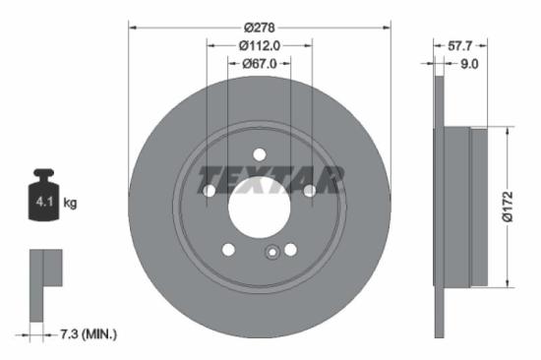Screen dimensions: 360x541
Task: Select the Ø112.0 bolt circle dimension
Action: click(x=260, y=44)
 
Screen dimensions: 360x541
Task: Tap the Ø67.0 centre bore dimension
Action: click(x=260, y=64)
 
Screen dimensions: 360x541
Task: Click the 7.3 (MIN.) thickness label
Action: click(x=87, y=334)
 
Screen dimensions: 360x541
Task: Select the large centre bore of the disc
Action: click(x=260, y=207)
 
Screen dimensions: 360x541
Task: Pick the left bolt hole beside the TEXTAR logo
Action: click(x=210, y=190)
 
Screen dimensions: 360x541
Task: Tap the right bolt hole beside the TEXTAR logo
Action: click(x=310, y=190)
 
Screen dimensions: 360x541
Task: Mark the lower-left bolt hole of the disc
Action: click(x=228, y=250)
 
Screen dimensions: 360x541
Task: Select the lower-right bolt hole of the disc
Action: click(x=291, y=250)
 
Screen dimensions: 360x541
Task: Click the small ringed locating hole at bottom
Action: click(x=270, y=254)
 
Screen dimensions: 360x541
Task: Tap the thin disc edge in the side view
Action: click(x=439, y=207)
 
